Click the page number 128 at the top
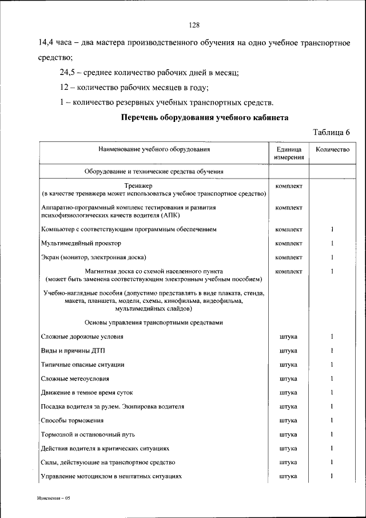194,25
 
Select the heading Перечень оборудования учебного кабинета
204,117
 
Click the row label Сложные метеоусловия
75,378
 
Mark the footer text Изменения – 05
54,498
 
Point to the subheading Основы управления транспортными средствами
153,322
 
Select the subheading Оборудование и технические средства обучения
154,171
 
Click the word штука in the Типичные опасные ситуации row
288,365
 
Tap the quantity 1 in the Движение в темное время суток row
332,393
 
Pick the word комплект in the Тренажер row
288,186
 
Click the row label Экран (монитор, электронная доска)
93,257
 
